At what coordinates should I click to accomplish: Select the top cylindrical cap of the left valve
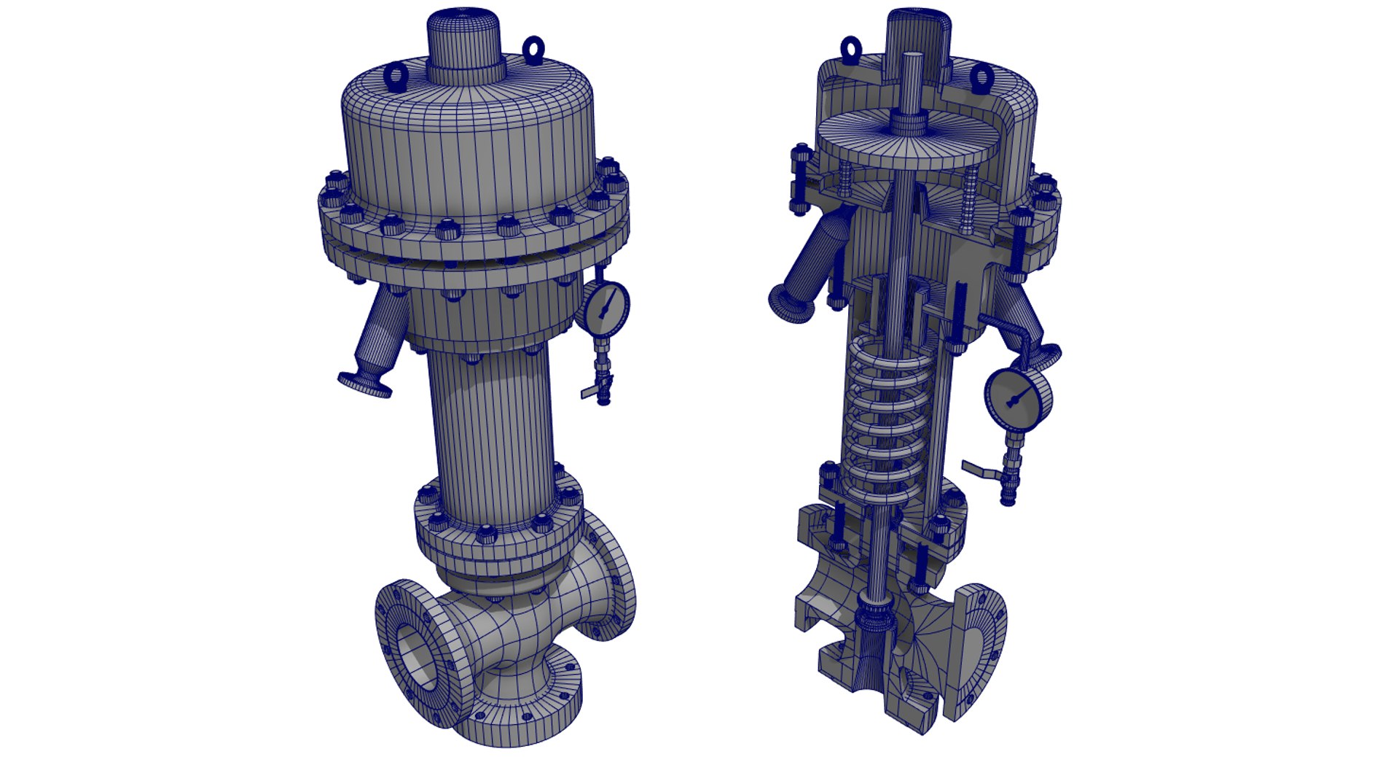tap(466, 44)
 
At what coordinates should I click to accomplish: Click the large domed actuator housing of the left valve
tap(466, 146)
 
